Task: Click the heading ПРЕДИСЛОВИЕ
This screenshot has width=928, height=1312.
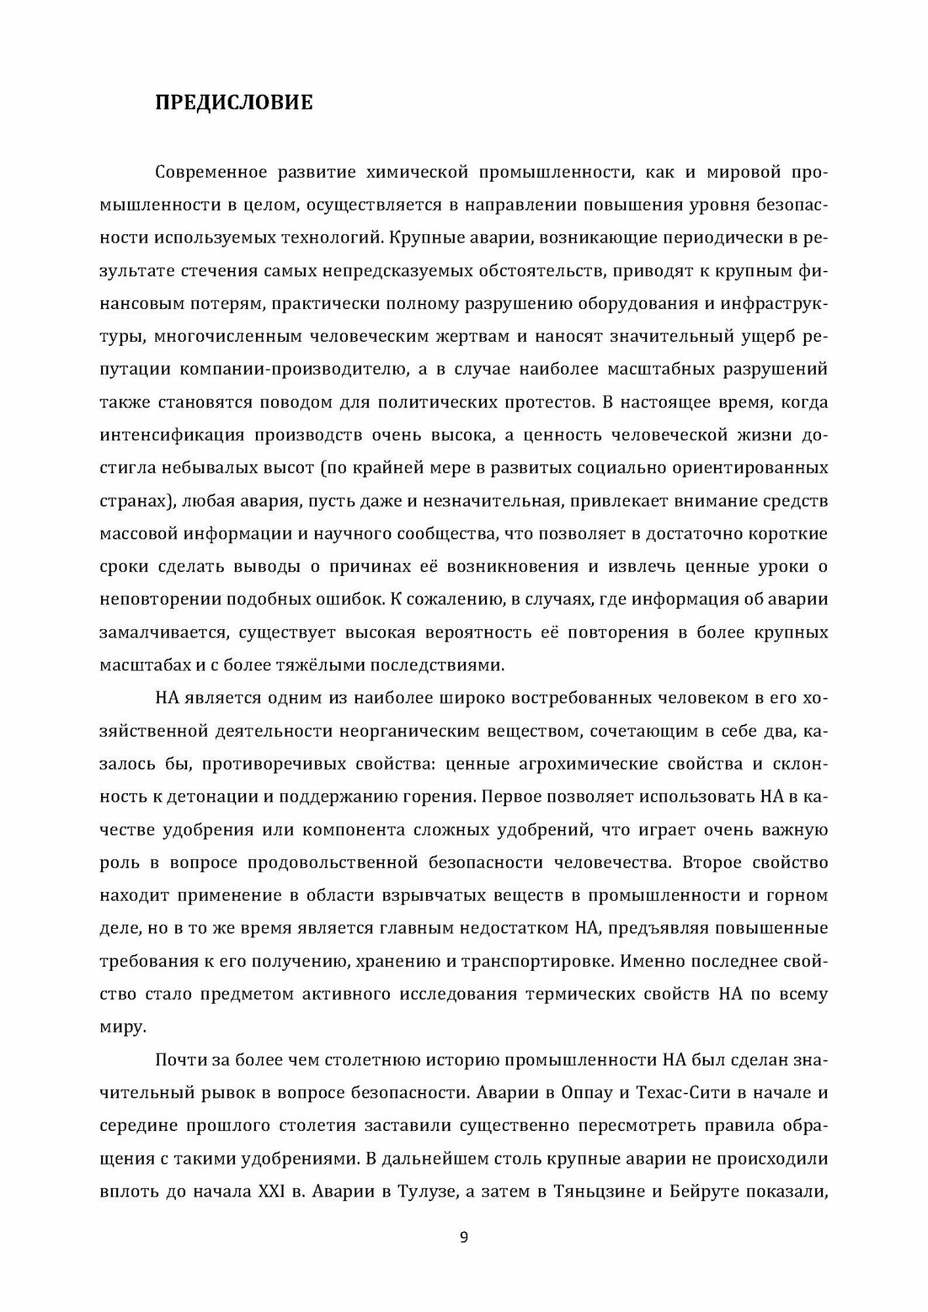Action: pos(234,103)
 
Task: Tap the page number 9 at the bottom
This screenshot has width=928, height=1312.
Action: pos(464,1237)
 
